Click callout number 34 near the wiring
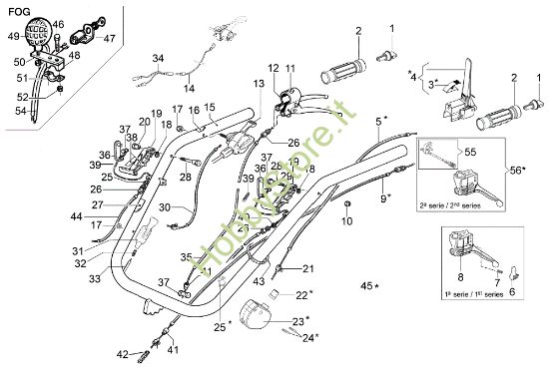point(157,59)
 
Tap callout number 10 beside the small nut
point(346,220)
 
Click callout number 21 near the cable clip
point(307,267)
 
